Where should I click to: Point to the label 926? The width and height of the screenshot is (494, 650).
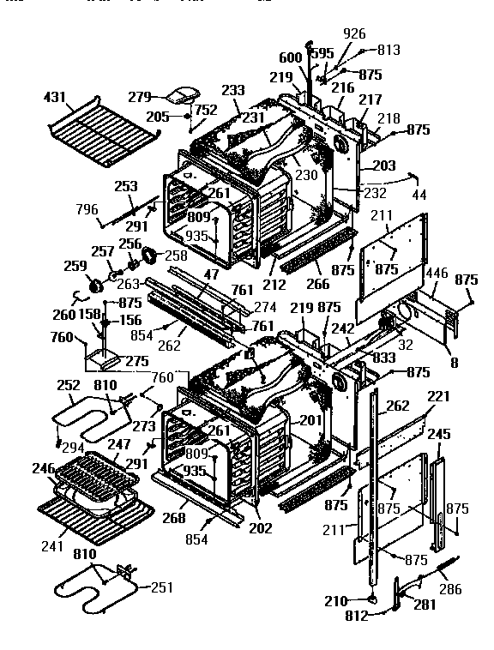[x=354, y=34]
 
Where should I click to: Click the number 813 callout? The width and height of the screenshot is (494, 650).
[x=389, y=50]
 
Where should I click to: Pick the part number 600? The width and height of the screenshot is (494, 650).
[x=290, y=57]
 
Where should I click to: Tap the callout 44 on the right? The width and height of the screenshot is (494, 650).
[x=419, y=196]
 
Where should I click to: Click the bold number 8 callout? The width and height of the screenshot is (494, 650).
[x=454, y=363]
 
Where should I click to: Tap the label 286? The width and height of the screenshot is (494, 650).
[x=450, y=590]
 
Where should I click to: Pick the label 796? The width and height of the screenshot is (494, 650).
[x=87, y=209]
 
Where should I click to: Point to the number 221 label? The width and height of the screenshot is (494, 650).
[x=439, y=397]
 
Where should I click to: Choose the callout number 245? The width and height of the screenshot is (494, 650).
[x=439, y=435]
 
